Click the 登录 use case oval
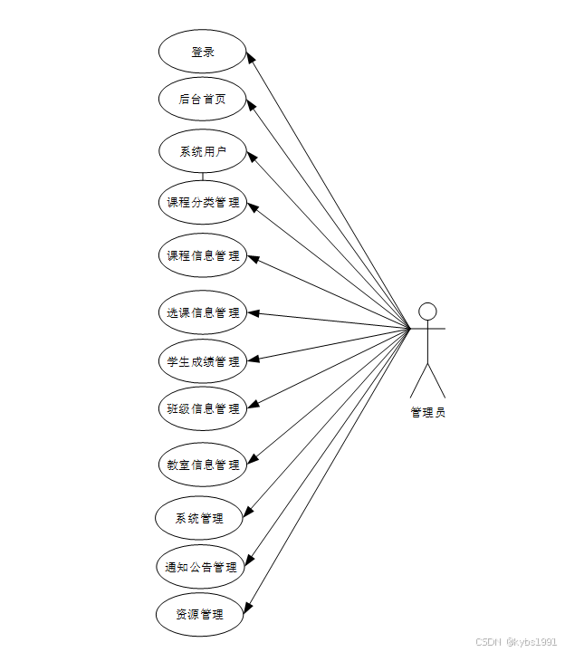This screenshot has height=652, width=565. pos(202,52)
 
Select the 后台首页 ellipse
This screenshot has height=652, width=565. pos(202,99)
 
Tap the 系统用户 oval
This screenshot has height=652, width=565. pos(202,151)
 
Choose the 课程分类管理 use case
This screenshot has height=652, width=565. pos(202,203)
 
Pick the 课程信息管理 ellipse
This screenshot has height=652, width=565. pos(202,255)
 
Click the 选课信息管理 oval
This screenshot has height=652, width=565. pos(202,312)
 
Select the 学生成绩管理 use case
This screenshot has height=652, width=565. pos(202,361)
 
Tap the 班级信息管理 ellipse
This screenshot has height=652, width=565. pos(202,408)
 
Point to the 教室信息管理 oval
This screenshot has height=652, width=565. pos(202,465)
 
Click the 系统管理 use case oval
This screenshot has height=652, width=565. pos(200,519)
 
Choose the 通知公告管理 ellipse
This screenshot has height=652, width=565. pos(200,568)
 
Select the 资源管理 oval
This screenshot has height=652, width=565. pos(200,615)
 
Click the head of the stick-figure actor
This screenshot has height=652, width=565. pos(427,312)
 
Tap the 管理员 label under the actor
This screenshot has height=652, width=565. pos(427,413)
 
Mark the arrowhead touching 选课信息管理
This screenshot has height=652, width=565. pos(254,313)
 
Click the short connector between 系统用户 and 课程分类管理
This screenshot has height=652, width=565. pos(202,176)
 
